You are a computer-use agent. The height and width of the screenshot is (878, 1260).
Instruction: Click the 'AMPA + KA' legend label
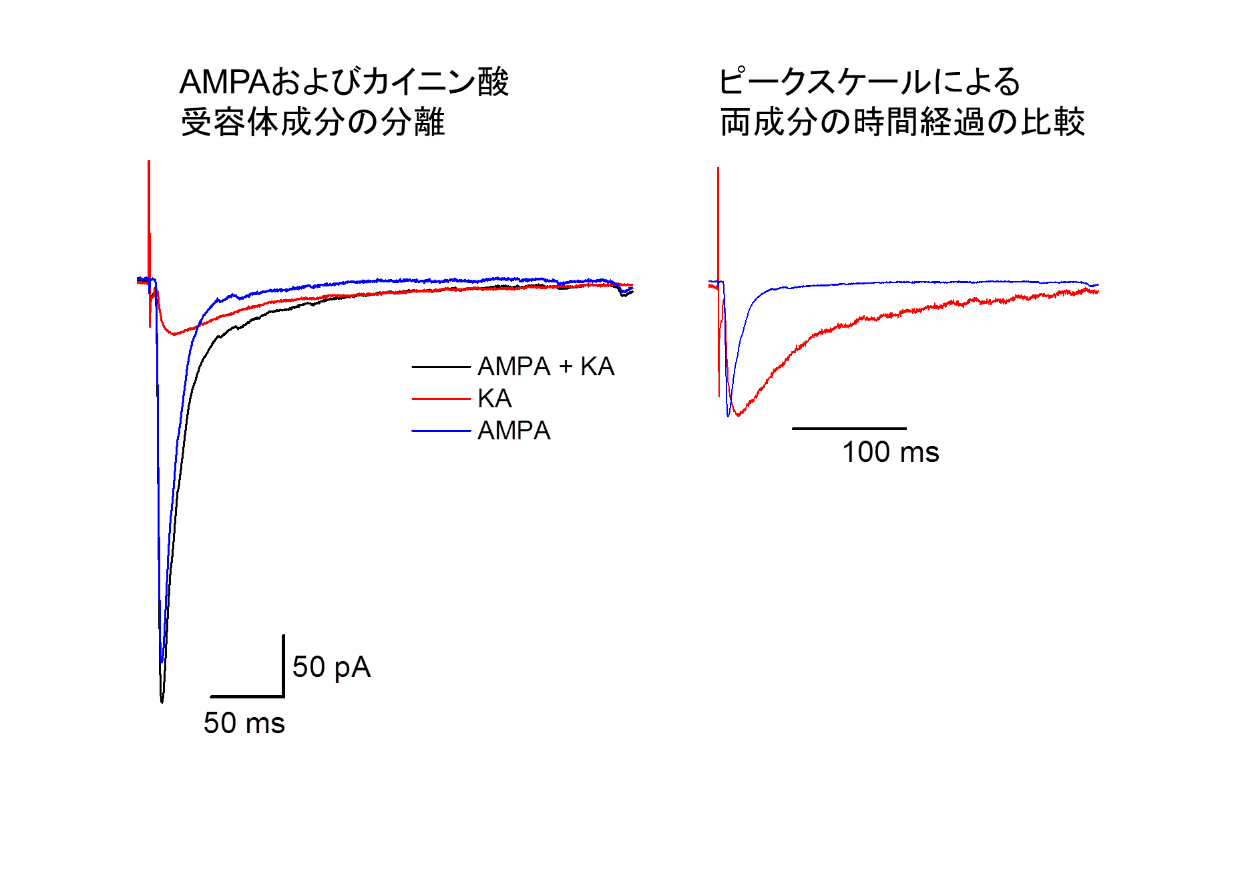(x=546, y=367)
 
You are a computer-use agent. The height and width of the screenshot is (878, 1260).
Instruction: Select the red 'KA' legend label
(x=494, y=399)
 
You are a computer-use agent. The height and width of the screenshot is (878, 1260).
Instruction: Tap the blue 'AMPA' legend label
(x=513, y=431)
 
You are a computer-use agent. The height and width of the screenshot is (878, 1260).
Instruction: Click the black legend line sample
(x=441, y=367)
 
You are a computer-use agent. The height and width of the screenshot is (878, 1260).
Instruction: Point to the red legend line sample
(x=441, y=399)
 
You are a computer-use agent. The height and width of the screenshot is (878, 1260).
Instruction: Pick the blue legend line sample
(x=441, y=431)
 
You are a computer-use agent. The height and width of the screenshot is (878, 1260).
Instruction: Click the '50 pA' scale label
(x=331, y=667)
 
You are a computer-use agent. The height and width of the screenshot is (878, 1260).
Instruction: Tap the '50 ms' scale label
(x=244, y=723)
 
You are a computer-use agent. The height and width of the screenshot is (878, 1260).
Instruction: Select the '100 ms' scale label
(x=890, y=452)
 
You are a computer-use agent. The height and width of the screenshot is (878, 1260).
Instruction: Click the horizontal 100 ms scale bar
(x=849, y=428)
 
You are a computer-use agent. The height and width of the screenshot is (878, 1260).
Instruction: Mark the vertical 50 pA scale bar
(x=283, y=665)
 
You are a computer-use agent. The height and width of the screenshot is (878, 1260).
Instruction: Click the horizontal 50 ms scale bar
(x=247, y=696)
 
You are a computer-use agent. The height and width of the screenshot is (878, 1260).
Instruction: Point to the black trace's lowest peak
(x=162, y=700)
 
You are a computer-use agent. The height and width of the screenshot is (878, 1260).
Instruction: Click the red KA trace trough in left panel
(x=174, y=333)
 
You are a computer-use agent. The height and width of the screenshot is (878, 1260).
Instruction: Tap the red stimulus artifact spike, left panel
(x=149, y=200)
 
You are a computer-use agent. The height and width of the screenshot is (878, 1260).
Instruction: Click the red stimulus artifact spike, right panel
(x=718, y=214)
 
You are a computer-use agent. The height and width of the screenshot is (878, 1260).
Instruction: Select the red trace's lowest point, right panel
(x=739, y=415)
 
